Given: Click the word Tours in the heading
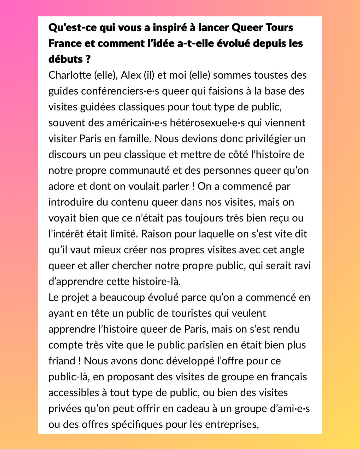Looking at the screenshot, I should click(279, 27).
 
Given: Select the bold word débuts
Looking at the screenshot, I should click(65, 59).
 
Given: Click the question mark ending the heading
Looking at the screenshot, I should click(88, 59).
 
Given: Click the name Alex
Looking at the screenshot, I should click(131, 75).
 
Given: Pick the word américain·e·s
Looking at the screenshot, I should click(137, 123).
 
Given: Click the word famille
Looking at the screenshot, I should click(133, 138).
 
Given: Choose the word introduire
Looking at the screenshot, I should click(71, 202).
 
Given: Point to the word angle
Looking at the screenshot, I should click(291, 250).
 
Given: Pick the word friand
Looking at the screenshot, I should click(62, 361).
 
